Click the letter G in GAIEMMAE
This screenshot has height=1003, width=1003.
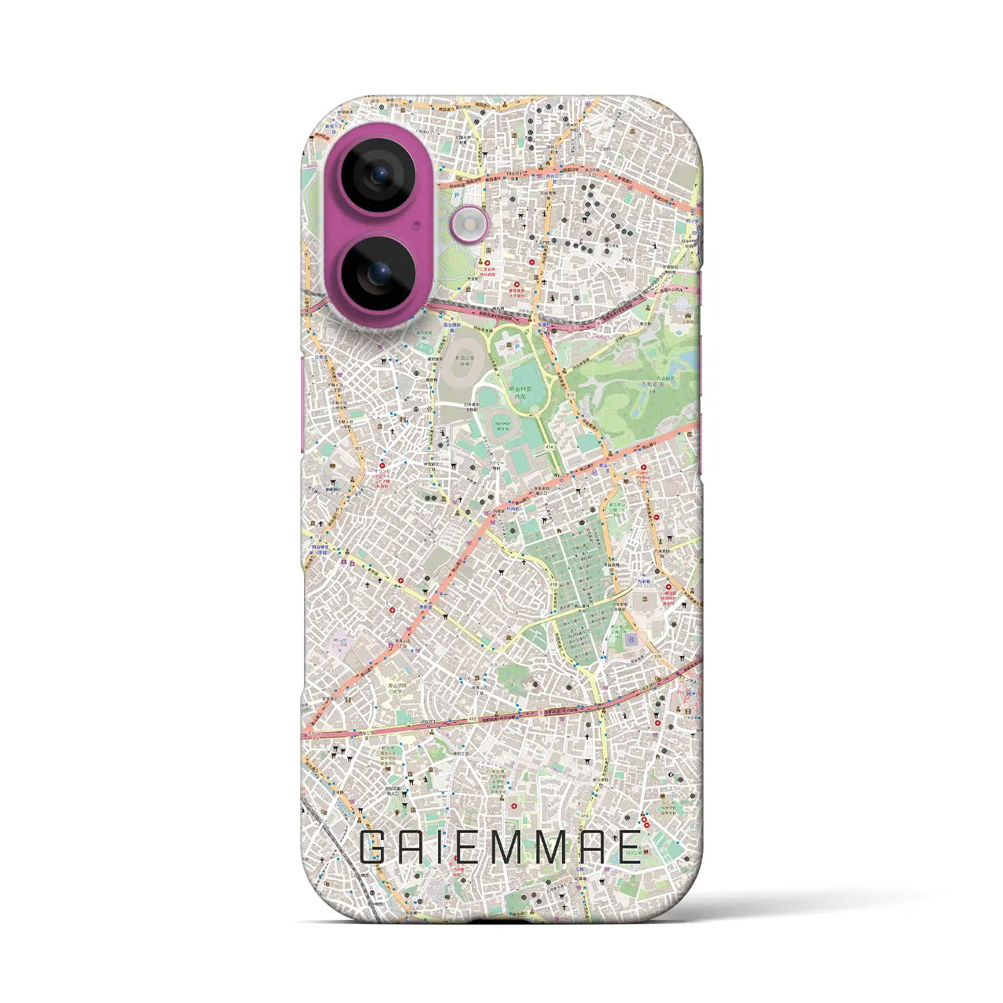(375, 848)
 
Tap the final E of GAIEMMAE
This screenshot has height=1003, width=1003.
(628, 848)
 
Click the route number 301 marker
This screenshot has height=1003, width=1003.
(357, 448)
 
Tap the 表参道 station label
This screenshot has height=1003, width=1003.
(428, 607)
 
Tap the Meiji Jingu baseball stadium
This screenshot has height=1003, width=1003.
(499, 423)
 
